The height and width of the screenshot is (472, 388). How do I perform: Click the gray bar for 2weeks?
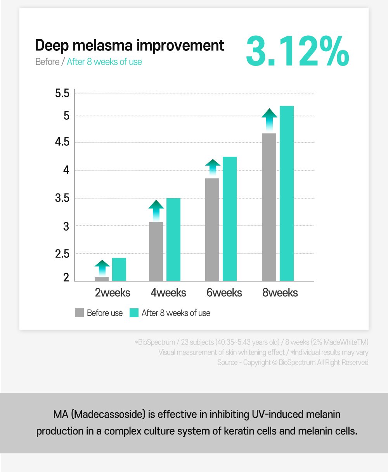click(102, 279)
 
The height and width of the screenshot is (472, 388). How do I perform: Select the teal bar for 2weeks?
click(119, 269)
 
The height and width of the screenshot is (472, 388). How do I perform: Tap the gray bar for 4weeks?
click(156, 251)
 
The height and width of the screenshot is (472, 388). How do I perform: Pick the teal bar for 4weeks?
click(173, 239)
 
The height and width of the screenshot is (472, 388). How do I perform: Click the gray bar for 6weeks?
click(212, 230)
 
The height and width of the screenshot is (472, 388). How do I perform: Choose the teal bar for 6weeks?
click(230, 219)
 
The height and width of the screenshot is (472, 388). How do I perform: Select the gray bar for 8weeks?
click(269, 207)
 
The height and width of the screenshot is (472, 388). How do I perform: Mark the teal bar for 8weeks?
click(287, 193)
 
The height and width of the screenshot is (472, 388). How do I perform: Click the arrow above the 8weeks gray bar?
click(269, 119)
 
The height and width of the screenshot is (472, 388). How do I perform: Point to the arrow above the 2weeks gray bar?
click(102, 268)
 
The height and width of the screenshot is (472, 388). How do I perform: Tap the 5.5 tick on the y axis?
click(62, 93)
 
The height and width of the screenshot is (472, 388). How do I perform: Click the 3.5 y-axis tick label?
click(62, 199)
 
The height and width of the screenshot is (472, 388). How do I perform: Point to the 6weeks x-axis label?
click(224, 292)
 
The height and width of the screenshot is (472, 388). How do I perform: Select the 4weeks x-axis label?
click(168, 292)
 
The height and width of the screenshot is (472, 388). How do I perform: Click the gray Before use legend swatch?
click(79, 313)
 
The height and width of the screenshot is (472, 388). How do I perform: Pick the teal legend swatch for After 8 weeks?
click(134, 313)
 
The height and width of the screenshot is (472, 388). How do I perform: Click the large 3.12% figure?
click(297, 51)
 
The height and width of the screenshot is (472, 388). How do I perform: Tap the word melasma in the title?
click(104, 45)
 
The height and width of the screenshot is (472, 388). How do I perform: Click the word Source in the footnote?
click(227, 362)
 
